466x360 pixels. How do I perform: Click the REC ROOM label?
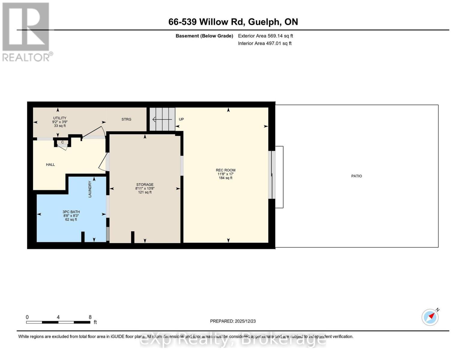226,170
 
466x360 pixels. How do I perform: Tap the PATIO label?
357,176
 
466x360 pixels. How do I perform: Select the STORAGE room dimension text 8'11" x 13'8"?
145,188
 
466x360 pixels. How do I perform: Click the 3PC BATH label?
71,212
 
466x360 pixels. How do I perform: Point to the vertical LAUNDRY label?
90,189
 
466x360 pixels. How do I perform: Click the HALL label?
50,164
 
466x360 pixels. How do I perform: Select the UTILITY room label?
60,118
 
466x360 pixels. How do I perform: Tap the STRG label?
126,119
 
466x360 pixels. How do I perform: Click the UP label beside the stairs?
181,119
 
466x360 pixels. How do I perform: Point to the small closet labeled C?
63,142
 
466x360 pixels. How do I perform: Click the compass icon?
430,317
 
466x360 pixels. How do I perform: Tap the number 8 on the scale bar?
90,317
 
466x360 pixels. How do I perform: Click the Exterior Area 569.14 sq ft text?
265,36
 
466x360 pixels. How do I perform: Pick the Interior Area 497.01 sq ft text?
265,43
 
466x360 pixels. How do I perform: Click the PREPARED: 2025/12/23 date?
233,321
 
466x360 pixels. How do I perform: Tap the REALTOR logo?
26,31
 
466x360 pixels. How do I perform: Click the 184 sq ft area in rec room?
226,178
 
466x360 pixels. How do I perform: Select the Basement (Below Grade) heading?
204,36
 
